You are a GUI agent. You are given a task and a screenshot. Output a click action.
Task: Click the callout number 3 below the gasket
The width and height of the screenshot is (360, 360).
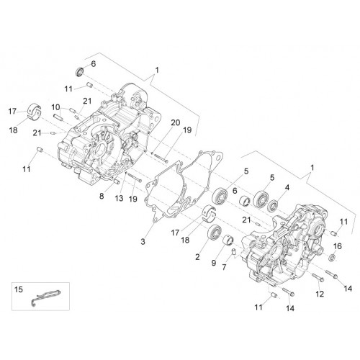point(143,241)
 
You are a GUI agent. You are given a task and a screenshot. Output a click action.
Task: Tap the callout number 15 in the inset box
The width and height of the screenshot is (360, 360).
point(19,289)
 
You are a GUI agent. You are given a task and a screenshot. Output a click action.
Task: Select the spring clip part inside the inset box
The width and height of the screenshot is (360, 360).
point(46,297)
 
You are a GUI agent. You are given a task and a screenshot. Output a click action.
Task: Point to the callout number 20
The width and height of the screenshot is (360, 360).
point(176,122)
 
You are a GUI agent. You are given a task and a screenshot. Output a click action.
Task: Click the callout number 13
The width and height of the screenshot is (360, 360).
point(119,198)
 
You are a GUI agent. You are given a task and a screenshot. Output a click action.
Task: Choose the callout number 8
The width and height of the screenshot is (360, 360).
point(102,196)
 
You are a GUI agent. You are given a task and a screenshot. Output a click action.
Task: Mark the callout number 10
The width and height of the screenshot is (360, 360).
point(55,107)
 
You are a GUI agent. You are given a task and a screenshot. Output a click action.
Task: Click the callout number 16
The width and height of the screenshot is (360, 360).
point(338,246)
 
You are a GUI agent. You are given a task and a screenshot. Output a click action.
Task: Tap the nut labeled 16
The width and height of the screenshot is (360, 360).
point(331,258)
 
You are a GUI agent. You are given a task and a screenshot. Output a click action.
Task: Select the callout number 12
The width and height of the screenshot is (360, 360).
point(320,294)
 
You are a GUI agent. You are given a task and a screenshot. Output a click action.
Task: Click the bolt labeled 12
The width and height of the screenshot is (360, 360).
point(318,278)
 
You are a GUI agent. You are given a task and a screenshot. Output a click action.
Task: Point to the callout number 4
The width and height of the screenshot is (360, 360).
point(287,187)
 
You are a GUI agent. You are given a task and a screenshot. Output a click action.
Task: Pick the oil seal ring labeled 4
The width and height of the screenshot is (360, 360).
point(273,206)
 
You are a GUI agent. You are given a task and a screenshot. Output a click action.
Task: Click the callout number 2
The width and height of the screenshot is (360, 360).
point(197,257)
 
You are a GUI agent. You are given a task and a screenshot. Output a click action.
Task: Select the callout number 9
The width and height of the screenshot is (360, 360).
point(214,263)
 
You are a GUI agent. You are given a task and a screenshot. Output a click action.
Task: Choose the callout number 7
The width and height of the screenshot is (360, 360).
point(224,266)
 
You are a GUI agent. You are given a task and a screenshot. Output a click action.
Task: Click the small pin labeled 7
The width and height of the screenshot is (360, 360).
point(233,251)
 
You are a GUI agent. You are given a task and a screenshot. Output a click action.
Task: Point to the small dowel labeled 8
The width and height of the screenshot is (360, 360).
point(117,181)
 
